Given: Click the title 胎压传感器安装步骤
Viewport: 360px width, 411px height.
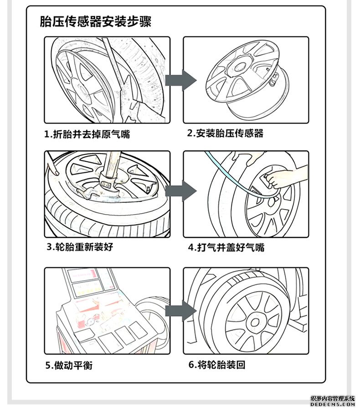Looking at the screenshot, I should click(96, 21).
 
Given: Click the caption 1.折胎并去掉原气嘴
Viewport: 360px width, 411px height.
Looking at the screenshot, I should click(90, 134).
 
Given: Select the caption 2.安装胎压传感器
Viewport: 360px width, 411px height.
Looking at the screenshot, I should click(225, 134).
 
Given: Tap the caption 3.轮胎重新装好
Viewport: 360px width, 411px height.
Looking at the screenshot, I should click(79, 247).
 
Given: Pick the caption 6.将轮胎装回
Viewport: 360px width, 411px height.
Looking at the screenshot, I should click(216, 365).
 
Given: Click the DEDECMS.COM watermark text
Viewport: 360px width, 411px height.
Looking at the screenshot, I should click(332, 404).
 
